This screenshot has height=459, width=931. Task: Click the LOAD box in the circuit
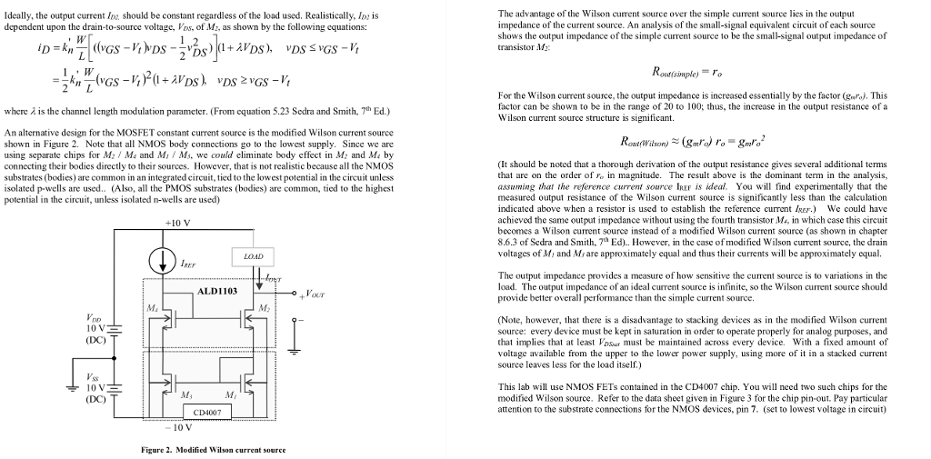point(254,257)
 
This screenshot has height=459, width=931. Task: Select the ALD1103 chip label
point(216,291)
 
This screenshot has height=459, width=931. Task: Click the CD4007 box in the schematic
point(208,412)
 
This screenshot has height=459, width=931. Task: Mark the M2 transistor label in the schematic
point(265,309)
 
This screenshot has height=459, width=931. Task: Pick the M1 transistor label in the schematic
point(231,394)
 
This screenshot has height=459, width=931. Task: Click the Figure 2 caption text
point(214,450)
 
